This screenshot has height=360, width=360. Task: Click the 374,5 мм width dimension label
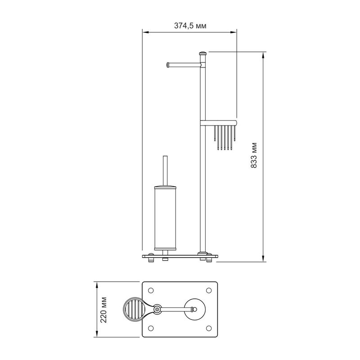point(190,26)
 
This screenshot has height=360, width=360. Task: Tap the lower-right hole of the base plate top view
point(208,328)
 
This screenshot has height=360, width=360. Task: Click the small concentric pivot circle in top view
point(157,309)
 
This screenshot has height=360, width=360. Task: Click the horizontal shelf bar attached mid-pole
point(219,122)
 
